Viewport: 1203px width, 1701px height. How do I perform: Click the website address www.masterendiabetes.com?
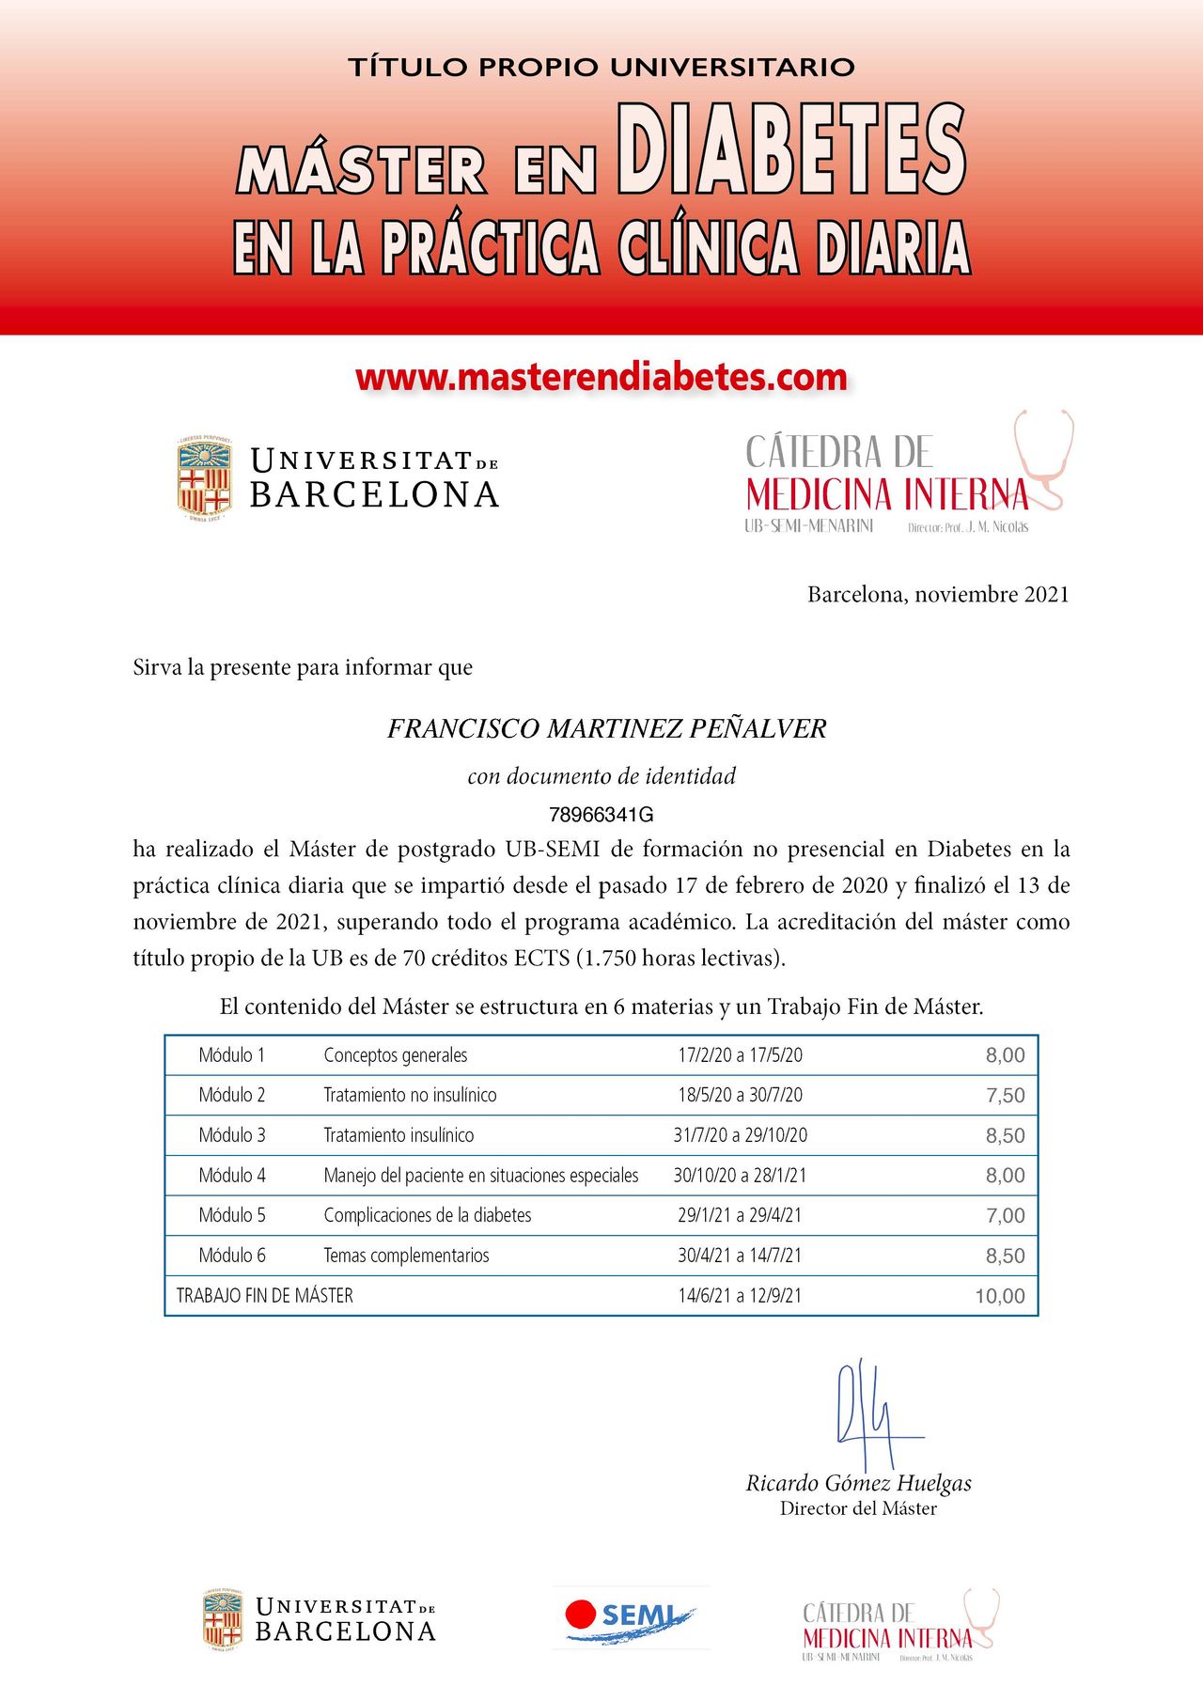point(601,377)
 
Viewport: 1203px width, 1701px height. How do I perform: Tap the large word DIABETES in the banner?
point(791,150)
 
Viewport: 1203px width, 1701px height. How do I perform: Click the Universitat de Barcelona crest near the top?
point(205,478)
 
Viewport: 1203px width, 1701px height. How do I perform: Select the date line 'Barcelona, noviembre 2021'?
point(938,594)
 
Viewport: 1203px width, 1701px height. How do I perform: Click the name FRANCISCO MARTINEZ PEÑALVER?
point(606,728)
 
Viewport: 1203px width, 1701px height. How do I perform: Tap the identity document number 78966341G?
point(601,814)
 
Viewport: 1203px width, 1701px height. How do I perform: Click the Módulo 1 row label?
point(232,1055)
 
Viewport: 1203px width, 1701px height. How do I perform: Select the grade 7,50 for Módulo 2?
point(1005,1096)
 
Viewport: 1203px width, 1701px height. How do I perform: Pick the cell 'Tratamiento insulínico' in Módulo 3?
point(398,1135)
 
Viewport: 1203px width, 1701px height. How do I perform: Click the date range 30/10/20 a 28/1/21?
point(740,1176)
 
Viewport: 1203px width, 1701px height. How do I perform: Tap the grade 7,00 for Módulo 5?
point(1005,1216)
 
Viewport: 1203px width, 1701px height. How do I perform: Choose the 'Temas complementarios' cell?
point(406,1256)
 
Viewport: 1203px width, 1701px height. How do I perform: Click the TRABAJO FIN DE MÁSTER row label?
point(265,1296)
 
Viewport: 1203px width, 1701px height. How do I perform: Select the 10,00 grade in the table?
point(1000,1296)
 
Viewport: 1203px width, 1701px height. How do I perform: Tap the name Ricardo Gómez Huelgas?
point(858,1483)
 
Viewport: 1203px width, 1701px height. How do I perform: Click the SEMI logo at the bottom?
point(630,1616)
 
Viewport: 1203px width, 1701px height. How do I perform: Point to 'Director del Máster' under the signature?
point(858,1508)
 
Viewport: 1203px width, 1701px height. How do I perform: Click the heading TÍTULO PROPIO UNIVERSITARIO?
point(601,68)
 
